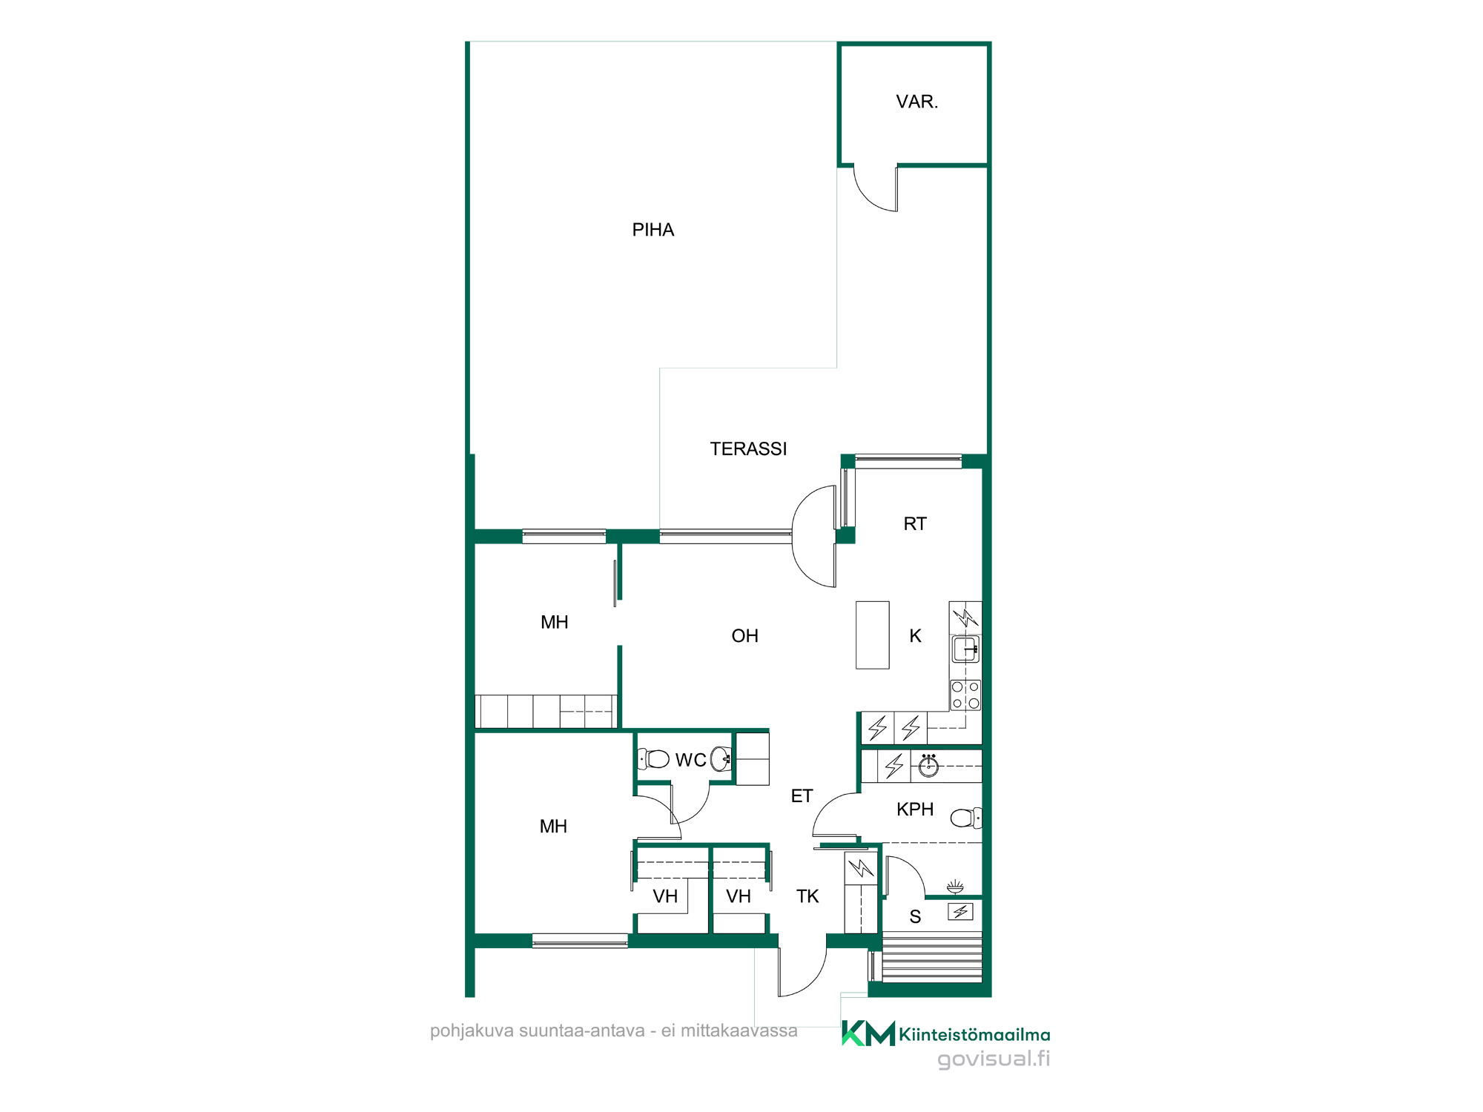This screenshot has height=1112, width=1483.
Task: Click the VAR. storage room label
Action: pos(917,102)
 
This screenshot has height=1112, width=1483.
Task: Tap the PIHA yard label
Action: pos(653,231)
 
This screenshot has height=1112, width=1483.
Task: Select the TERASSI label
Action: pos(748,449)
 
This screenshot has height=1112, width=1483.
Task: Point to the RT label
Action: pos(915,524)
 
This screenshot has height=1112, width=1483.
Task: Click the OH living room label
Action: pos(745,636)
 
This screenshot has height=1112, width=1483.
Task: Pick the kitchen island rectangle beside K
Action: pos(873,635)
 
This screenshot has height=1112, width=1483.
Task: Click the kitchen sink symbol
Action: pos(966,649)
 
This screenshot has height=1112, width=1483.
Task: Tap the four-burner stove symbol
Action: pos(966,695)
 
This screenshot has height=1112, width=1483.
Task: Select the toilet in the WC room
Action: pos(653,759)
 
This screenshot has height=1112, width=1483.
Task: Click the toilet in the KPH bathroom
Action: pos(966,818)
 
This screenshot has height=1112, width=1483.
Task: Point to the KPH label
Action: pos(915,810)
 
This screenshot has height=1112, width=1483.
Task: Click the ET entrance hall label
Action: pos(802,796)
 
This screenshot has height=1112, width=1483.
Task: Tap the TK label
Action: pos(807,897)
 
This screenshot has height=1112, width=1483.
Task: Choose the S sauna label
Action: pos(915,918)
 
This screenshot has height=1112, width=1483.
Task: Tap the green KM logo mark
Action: pos(868,1033)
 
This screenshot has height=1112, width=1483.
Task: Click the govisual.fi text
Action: pos(994,1059)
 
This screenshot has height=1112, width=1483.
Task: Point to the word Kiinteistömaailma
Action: pos(974,1035)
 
